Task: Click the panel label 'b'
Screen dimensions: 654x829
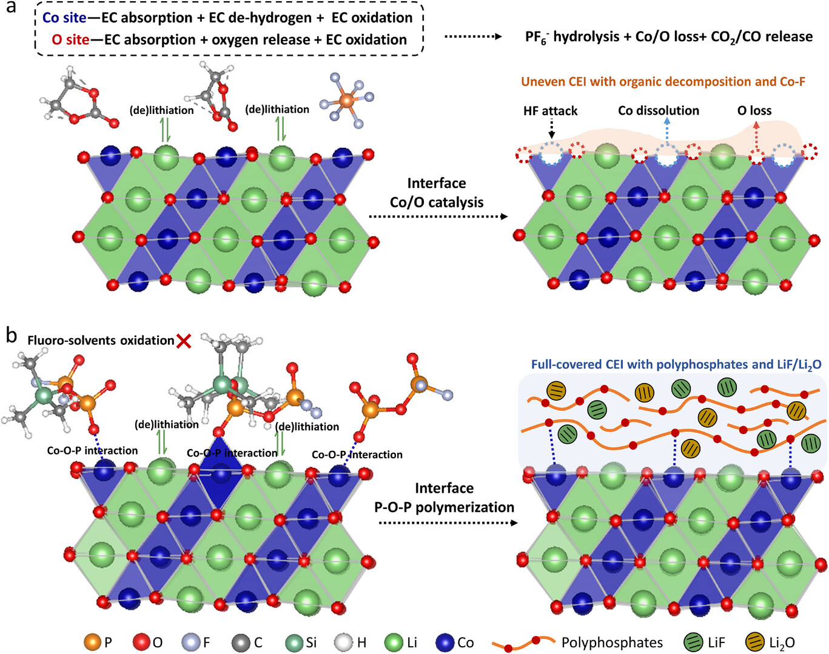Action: pyautogui.click(x=11, y=335)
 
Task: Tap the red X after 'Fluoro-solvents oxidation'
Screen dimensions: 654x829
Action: pyautogui.click(x=184, y=341)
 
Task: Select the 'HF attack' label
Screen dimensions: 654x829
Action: pyautogui.click(x=550, y=111)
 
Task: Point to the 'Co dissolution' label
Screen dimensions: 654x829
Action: pyautogui.click(x=659, y=111)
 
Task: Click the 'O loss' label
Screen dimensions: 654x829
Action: pyautogui.click(x=754, y=111)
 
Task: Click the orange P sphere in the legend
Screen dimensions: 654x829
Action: pyautogui.click(x=92, y=642)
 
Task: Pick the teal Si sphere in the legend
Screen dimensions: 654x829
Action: pyautogui.click(x=295, y=642)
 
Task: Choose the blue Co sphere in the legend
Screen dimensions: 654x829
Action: pyautogui.click(x=445, y=642)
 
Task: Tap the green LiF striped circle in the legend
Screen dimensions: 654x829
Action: pyautogui.click(x=693, y=642)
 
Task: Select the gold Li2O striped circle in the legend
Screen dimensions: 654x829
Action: pyautogui.click(x=755, y=642)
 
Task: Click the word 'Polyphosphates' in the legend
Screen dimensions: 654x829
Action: pyautogui.click(x=612, y=642)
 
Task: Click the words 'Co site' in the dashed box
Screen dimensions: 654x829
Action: pyautogui.click(x=64, y=18)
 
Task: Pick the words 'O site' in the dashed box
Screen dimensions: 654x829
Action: pyautogui.click(x=70, y=40)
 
